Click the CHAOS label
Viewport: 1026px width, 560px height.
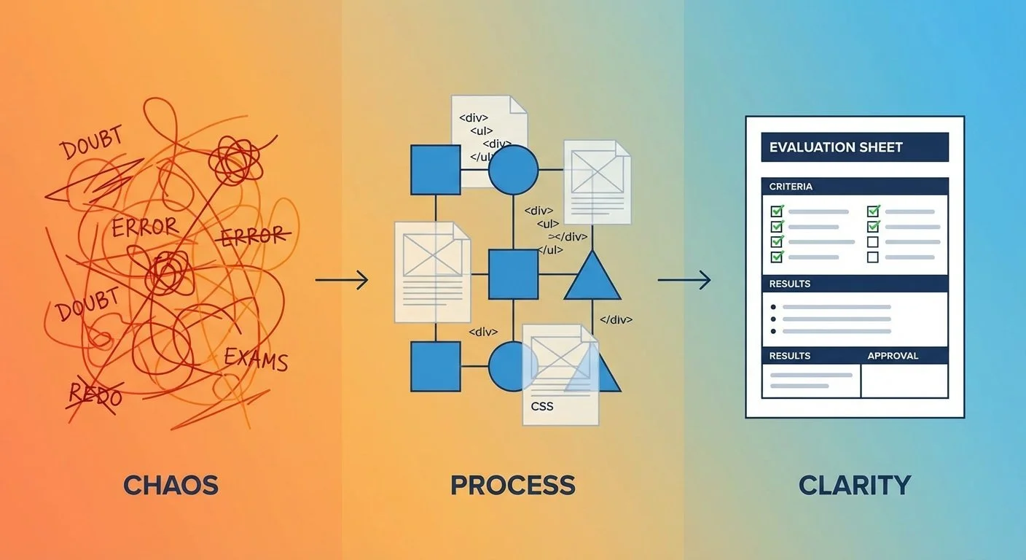(x=171, y=485)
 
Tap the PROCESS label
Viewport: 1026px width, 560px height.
(x=513, y=485)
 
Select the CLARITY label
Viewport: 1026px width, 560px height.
(x=855, y=485)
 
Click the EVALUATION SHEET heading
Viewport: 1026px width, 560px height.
(x=836, y=147)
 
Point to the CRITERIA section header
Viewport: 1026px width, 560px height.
(x=791, y=187)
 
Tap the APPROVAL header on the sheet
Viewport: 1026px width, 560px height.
(x=893, y=356)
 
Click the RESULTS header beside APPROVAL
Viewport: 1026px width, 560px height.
(x=790, y=356)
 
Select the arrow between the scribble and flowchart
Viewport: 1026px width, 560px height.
(x=342, y=279)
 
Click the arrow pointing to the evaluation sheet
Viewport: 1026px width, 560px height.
(x=684, y=279)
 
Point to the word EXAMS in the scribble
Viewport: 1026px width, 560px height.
(x=256, y=359)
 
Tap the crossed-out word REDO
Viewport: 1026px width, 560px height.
(x=95, y=394)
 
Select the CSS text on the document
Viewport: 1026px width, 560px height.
(x=541, y=406)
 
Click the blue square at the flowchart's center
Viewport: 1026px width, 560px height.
(x=513, y=274)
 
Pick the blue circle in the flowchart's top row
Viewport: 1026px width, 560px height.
(x=513, y=170)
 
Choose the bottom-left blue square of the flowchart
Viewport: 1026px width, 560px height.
(x=436, y=366)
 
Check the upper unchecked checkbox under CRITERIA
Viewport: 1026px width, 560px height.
(x=873, y=242)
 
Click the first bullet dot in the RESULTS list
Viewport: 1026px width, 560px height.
(x=773, y=307)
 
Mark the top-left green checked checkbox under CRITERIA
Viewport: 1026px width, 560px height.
(x=777, y=211)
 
